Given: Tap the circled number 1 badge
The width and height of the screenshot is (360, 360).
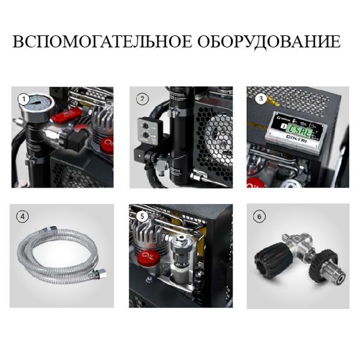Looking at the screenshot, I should (x=24, y=99).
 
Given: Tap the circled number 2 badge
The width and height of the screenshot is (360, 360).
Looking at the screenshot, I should (x=142, y=99).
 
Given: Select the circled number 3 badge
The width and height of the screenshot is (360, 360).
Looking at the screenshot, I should (x=260, y=99).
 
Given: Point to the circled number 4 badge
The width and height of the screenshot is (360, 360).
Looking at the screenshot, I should (x=24, y=216).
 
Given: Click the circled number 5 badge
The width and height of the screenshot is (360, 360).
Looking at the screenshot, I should (x=142, y=216).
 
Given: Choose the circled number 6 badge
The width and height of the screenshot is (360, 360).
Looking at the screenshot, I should (x=260, y=216).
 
